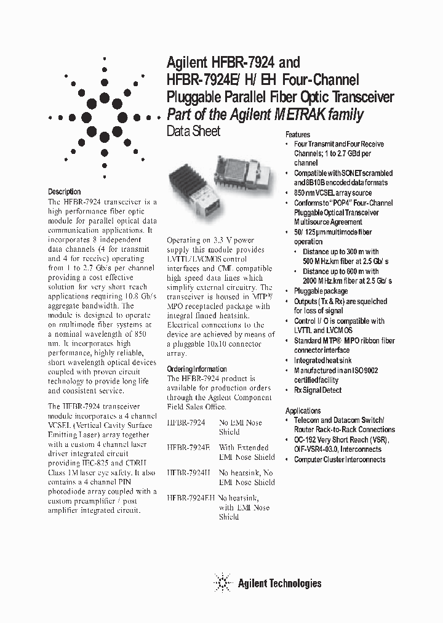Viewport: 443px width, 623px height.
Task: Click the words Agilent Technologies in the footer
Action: tap(279, 583)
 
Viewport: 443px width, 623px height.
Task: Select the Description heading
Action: tap(64, 191)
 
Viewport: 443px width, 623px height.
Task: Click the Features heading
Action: tap(298, 134)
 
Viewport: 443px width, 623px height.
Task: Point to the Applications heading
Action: tap(303, 411)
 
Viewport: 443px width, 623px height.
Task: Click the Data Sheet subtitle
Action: tap(193, 131)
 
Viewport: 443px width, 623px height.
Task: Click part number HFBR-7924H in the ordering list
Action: tap(188, 473)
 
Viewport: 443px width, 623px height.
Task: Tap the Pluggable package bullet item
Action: tap(321, 291)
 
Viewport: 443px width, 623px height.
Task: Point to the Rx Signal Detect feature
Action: tap(317, 390)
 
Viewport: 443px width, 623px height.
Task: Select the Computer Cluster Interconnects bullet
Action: tap(339, 459)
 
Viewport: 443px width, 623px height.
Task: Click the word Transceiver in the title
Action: tap(360, 97)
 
